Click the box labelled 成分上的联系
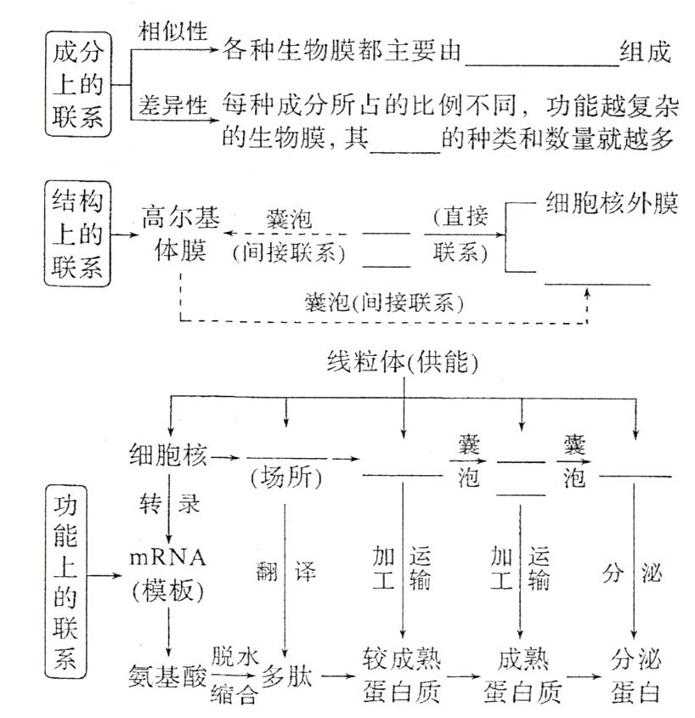pos(77,85)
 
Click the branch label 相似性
pos(172,31)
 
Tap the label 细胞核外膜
pos(610,204)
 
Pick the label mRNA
pos(169,558)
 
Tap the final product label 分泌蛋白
pos(636,676)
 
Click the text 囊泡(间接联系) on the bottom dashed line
pos(376,301)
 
